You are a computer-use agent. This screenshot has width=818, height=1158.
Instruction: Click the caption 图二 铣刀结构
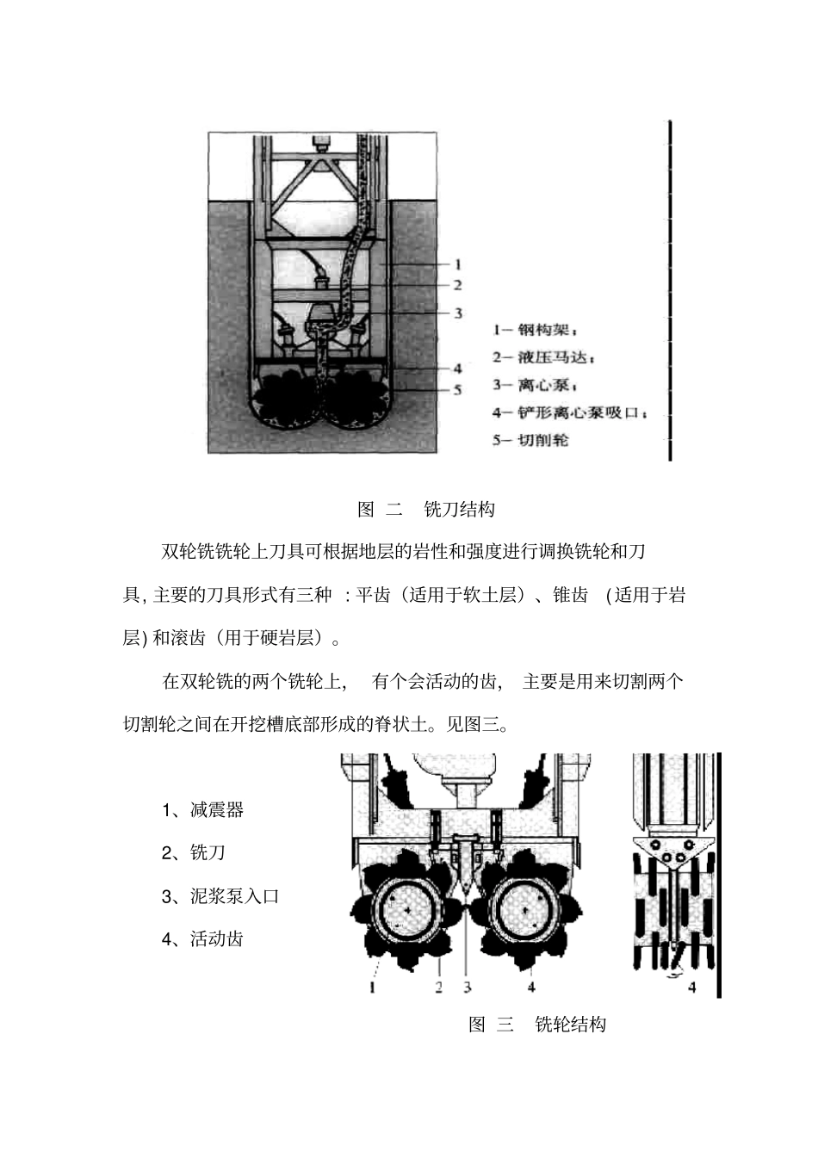(x=426, y=509)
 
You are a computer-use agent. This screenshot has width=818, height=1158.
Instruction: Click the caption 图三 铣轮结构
(x=537, y=1025)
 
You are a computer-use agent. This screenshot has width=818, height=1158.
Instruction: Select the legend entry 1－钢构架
(x=536, y=330)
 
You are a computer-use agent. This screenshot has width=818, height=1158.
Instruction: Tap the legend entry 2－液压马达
(x=543, y=357)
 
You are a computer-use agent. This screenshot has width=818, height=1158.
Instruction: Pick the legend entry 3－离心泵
(x=536, y=385)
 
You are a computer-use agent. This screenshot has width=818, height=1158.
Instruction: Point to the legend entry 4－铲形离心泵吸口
(x=569, y=412)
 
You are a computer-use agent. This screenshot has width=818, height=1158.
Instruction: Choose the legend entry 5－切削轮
(x=530, y=440)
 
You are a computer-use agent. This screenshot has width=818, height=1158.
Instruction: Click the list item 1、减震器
(x=203, y=810)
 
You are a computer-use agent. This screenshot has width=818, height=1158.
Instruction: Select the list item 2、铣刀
(x=194, y=853)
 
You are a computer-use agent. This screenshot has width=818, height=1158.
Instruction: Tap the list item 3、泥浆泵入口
(x=221, y=896)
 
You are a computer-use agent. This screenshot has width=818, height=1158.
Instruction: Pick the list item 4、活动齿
(x=203, y=939)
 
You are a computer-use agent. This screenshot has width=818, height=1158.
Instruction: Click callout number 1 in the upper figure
(x=458, y=264)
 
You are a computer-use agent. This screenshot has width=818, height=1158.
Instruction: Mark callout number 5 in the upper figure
(x=458, y=390)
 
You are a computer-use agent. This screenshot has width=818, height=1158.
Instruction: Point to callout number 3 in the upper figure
(x=458, y=313)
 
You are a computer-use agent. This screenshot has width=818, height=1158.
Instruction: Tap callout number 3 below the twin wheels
(x=468, y=988)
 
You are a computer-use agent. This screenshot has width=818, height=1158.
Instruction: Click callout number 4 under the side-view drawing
(x=691, y=988)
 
